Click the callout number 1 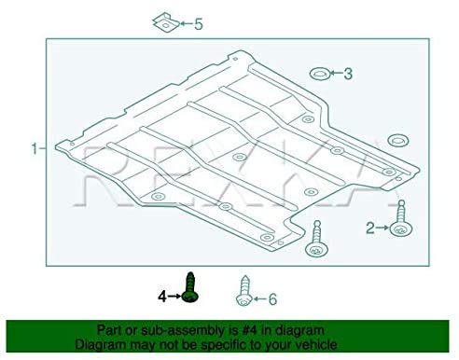tap(34, 148)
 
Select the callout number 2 tap(369, 227)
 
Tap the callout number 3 tap(348, 73)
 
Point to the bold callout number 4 tap(161, 297)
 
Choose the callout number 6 tap(272, 299)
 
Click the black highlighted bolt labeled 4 tap(190, 285)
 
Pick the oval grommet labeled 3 tap(316, 73)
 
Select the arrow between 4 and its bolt tap(174, 297)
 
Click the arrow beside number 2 tap(382, 227)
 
